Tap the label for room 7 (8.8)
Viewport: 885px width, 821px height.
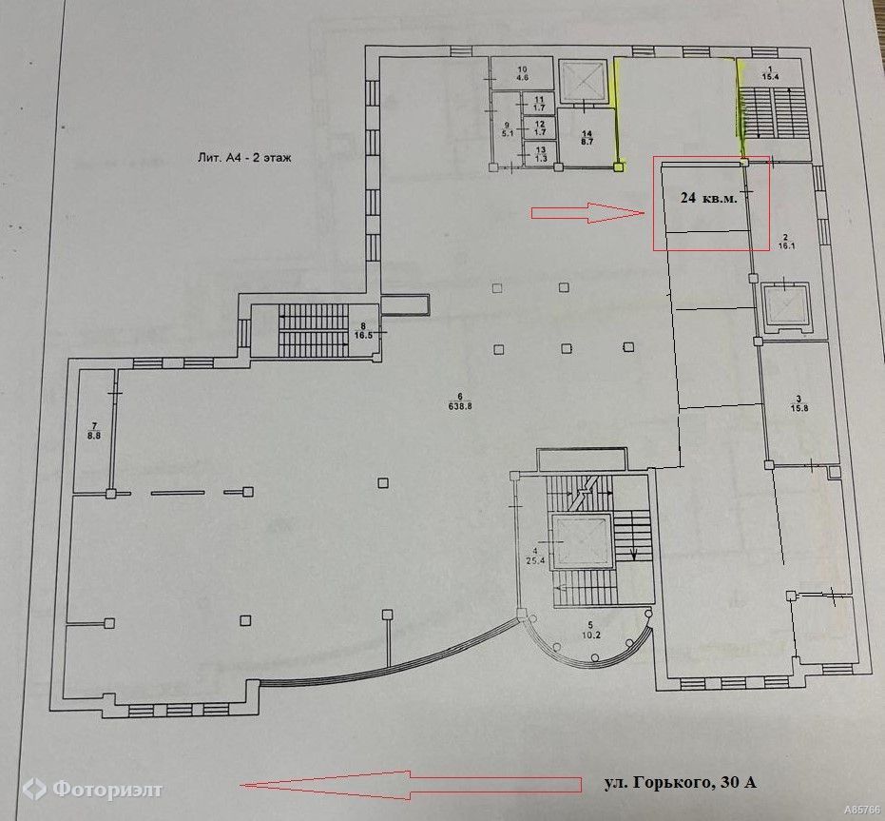pyautogui.click(x=94, y=431)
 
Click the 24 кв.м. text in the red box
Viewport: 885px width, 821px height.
pyautogui.click(x=709, y=198)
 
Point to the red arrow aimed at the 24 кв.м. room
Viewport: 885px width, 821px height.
pyautogui.click(x=587, y=212)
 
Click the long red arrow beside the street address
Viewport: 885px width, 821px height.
pyautogui.click(x=411, y=785)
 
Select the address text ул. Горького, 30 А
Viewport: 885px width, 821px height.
pyautogui.click(x=680, y=783)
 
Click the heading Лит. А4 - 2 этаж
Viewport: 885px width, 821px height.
pyautogui.click(x=244, y=158)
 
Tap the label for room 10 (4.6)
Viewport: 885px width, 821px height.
pyautogui.click(x=522, y=74)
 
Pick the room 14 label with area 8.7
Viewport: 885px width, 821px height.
pyautogui.click(x=587, y=138)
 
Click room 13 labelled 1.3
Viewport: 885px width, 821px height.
pyautogui.click(x=540, y=154)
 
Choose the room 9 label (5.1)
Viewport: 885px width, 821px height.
pyautogui.click(x=507, y=129)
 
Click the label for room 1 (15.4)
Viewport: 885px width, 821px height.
pyautogui.click(x=770, y=73)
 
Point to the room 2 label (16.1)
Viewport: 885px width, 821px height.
pyautogui.click(x=785, y=242)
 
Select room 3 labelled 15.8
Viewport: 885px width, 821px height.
pyautogui.click(x=799, y=404)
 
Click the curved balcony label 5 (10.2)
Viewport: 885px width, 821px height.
pyautogui.click(x=590, y=630)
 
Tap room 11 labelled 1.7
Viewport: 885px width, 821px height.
pyautogui.click(x=539, y=104)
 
